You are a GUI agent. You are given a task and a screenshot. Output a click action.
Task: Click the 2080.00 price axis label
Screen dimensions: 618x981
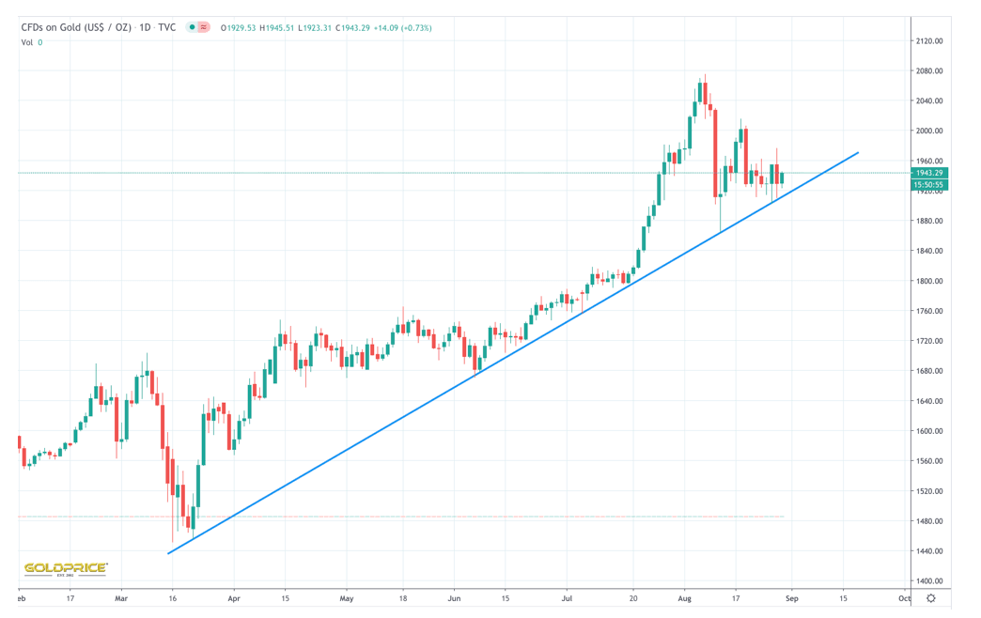pyautogui.click(x=929, y=71)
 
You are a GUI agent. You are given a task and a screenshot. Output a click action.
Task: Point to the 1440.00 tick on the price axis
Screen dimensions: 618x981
pyautogui.click(x=929, y=551)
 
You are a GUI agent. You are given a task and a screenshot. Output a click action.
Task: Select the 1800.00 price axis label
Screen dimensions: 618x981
pyautogui.click(x=929, y=281)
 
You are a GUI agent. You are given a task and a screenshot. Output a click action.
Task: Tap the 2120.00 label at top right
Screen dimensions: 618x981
pyautogui.click(x=929, y=41)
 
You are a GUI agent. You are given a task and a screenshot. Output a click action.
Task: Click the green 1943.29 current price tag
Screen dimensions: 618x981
pyautogui.click(x=929, y=173)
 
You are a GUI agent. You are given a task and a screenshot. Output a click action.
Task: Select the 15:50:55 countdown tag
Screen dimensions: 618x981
pyautogui.click(x=929, y=185)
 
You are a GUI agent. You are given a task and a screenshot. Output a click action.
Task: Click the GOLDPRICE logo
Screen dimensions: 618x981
pyautogui.click(x=65, y=568)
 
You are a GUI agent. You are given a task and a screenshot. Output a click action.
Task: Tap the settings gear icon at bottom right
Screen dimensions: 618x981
pyautogui.click(x=930, y=598)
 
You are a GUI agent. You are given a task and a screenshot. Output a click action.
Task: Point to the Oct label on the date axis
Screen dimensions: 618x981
pyautogui.click(x=903, y=598)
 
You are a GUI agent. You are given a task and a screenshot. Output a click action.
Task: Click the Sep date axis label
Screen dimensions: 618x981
pyautogui.click(x=791, y=598)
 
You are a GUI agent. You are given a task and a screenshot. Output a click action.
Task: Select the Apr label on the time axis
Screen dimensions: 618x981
pyautogui.click(x=234, y=598)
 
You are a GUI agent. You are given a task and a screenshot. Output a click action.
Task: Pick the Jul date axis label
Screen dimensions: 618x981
pyautogui.click(x=567, y=598)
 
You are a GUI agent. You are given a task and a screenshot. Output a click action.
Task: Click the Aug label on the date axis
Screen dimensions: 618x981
pyautogui.click(x=684, y=598)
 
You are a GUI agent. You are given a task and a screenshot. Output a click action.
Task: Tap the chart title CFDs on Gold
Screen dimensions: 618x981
pyautogui.click(x=76, y=28)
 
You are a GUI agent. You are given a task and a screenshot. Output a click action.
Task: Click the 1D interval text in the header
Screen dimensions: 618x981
pyautogui.click(x=145, y=28)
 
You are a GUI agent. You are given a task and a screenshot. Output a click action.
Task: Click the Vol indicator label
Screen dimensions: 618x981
pyautogui.click(x=27, y=42)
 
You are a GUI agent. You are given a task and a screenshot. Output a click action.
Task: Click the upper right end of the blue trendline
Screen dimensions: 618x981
pyautogui.click(x=857, y=152)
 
